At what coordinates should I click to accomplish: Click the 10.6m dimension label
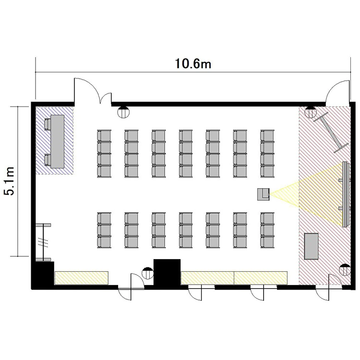click(193, 63)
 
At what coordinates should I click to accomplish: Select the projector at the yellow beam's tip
click(264, 194)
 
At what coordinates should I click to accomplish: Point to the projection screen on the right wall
click(346, 194)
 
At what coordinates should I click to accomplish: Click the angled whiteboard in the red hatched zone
click(331, 132)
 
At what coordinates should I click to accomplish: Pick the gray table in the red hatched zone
click(312, 247)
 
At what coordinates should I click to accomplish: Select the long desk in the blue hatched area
click(58, 142)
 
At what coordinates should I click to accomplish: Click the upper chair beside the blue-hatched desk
click(48, 124)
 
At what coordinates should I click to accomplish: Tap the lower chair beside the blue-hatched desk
click(48, 160)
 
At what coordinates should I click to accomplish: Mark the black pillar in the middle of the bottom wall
click(167, 272)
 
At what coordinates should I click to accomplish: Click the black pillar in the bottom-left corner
click(43, 273)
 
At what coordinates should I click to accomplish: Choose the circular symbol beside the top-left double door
click(123, 112)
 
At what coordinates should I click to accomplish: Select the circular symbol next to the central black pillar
click(148, 273)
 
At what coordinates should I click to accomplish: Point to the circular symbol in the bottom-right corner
click(345, 270)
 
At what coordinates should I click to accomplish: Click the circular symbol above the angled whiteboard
click(311, 112)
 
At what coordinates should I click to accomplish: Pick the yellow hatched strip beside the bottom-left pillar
click(82, 278)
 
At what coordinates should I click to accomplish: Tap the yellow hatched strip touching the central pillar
click(207, 278)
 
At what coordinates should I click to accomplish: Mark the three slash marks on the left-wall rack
click(43, 243)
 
